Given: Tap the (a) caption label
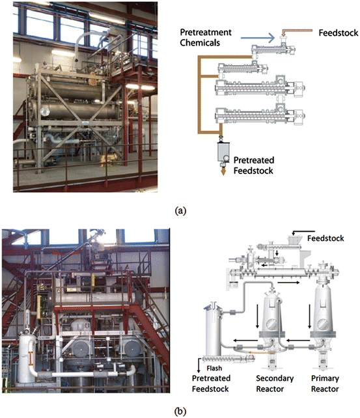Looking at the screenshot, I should (180, 210).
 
